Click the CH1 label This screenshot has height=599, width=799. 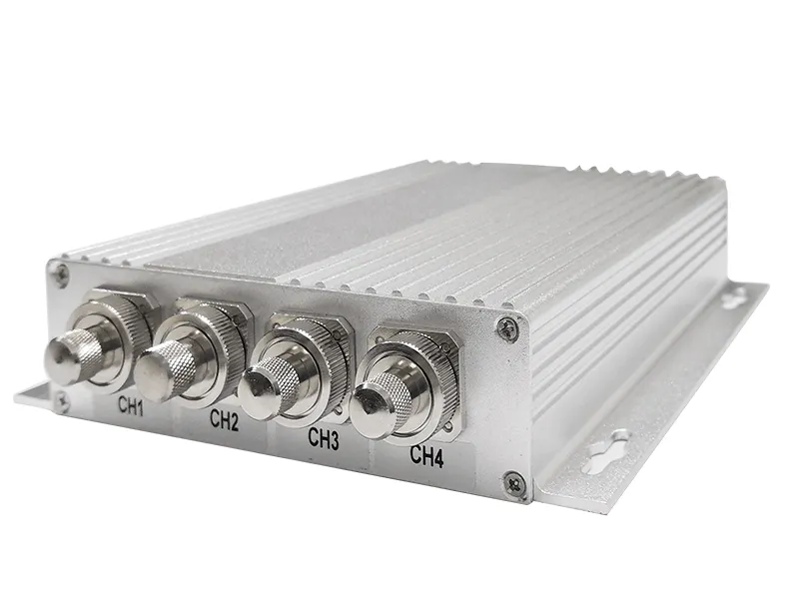(131, 405)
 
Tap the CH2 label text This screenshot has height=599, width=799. (224, 420)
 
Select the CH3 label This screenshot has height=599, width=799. (324, 438)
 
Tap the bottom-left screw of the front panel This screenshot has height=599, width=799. (62, 402)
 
